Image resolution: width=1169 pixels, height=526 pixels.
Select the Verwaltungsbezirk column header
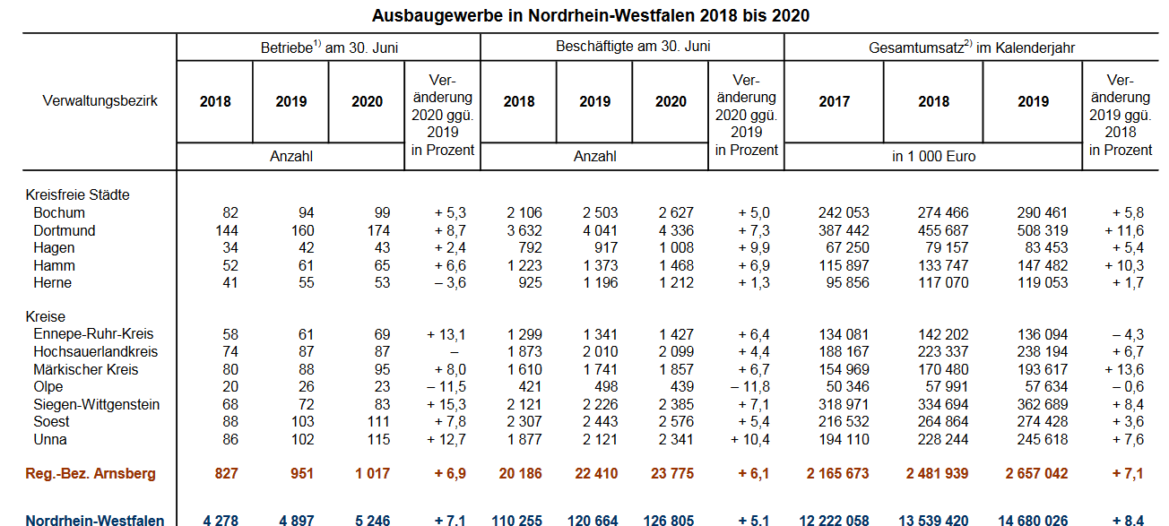[100, 101]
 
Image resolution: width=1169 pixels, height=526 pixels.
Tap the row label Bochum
[59, 213]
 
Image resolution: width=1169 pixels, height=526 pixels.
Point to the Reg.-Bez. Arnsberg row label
[91, 474]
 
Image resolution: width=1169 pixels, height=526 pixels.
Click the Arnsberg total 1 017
[371, 474]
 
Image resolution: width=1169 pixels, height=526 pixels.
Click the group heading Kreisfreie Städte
[78, 194]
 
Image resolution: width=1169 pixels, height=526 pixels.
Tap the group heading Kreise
[46, 317]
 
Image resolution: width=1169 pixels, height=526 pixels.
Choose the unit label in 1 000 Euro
[933, 157]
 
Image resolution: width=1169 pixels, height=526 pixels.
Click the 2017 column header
[834, 102]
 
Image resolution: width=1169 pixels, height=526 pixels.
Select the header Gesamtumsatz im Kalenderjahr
[972, 47]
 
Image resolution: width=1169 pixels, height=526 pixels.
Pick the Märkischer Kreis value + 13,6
[1126, 370]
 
